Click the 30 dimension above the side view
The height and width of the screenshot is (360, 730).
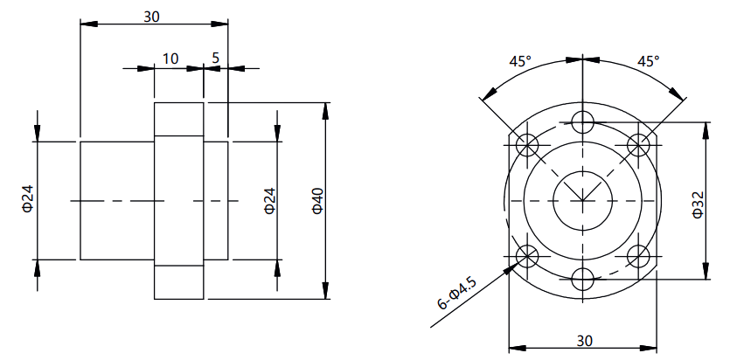(151, 17)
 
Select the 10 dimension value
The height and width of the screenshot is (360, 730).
(170, 59)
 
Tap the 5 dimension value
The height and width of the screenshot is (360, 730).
(216, 59)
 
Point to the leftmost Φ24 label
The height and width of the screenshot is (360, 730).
(28, 200)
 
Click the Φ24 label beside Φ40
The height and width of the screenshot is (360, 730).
(270, 201)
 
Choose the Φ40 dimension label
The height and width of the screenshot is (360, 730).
(317, 201)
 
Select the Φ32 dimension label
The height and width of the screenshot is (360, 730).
(698, 204)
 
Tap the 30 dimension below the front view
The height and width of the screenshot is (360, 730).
(585, 341)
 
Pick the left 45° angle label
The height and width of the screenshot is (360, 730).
(519, 61)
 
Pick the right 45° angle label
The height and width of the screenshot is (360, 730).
(649, 61)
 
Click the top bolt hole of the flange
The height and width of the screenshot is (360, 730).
(583, 122)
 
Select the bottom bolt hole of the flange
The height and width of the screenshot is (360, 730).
(583, 280)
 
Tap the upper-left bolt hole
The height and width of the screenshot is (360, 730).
(527, 146)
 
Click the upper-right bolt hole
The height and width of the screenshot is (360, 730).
(638, 146)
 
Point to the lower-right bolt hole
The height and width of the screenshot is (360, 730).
(638, 256)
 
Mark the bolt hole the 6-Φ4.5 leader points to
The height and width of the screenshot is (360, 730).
(527, 256)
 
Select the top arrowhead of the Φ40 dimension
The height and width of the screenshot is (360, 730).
(325, 111)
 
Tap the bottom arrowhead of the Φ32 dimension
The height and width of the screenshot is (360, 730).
(706, 271)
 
